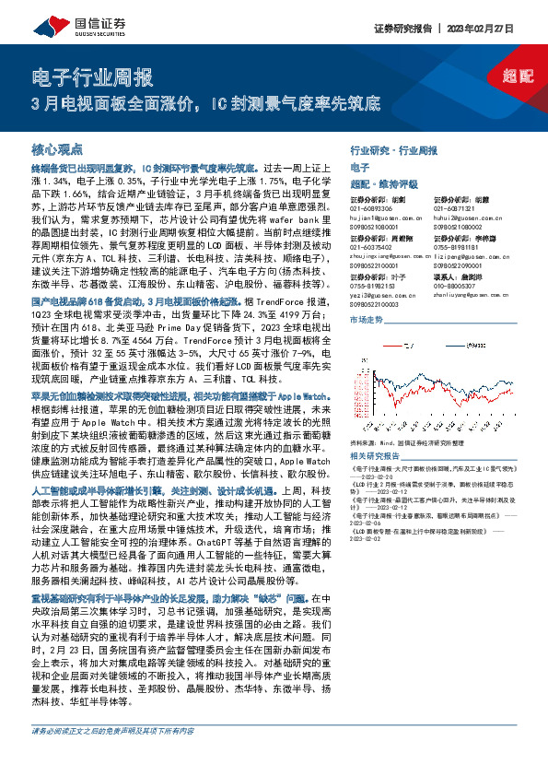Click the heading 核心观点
[57, 148]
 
